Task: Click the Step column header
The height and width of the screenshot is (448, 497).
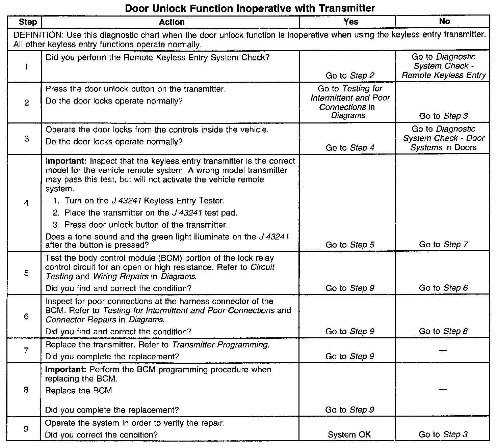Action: [x=28, y=22]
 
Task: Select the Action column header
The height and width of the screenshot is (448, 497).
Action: [x=172, y=22]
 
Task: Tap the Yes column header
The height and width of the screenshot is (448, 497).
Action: [x=351, y=22]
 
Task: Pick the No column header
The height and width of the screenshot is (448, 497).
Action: [x=444, y=21]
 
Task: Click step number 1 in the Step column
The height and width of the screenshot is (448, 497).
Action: [x=26, y=67]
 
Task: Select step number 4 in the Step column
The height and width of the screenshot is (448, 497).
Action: [x=26, y=203]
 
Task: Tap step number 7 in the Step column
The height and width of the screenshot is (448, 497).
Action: [x=26, y=351]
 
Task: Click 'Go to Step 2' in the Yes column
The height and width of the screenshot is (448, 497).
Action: [x=350, y=76]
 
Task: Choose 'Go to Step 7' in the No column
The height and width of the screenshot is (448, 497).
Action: [x=443, y=245]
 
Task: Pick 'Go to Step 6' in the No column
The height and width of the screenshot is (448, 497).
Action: [x=443, y=288]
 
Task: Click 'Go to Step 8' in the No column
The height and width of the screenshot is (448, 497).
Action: [x=443, y=331]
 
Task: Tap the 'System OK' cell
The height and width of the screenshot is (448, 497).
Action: [x=349, y=435]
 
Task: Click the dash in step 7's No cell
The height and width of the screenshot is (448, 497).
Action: [x=443, y=351]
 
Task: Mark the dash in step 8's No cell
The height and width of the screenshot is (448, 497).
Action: [x=443, y=390]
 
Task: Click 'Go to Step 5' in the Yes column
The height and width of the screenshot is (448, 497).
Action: [x=350, y=245]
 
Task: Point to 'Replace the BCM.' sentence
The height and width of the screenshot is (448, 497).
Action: [x=79, y=391]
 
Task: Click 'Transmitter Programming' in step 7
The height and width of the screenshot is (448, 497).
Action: [x=220, y=345]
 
